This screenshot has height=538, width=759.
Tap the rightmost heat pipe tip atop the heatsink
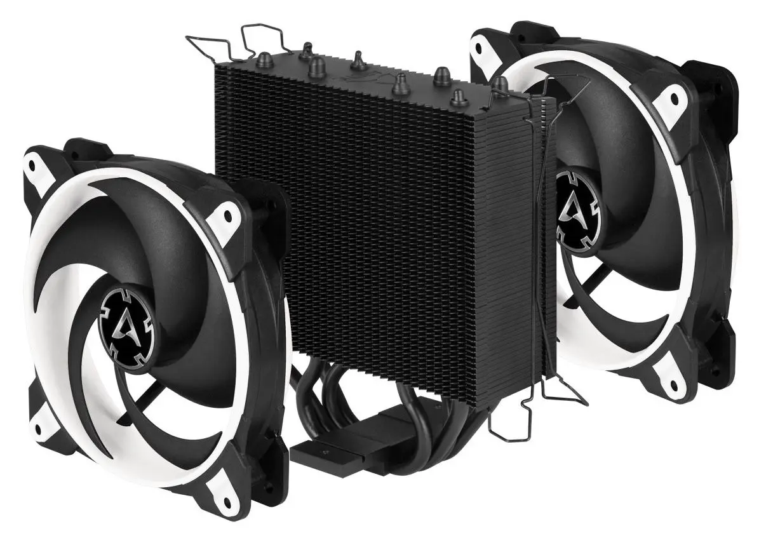pyautogui.click(x=500, y=83)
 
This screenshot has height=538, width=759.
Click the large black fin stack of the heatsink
pyautogui.click(x=381, y=222)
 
